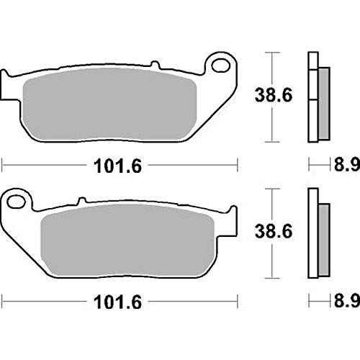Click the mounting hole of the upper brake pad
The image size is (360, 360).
221,65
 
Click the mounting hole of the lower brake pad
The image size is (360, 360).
17,202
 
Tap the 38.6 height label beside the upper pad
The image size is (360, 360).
274,95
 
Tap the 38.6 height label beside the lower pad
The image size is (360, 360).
274,231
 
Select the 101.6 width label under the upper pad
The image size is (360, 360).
117,166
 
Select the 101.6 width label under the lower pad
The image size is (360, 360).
117,302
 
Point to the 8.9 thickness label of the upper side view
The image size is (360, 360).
347,165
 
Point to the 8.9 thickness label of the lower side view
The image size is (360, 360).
347,300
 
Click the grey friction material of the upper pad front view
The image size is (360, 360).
109,104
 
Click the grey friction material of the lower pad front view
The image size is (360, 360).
127,240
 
